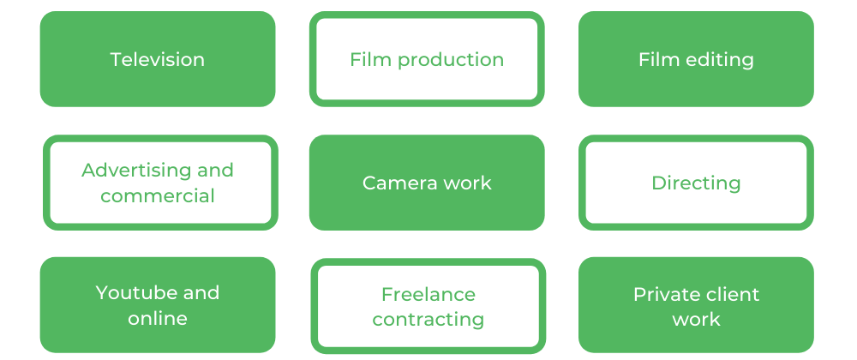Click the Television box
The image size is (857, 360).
pyautogui.click(x=158, y=59)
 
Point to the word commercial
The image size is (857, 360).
pyautogui.click(x=158, y=195)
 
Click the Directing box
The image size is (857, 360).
pyautogui.click(x=696, y=183)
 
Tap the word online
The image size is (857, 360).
pyautogui.click(x=158, y=318)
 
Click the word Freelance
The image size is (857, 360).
pyautogui.click(x=428, y=295)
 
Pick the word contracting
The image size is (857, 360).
pyautogui.click(x=428, y=320)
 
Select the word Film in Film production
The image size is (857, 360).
pyautogui.click(x=371, y=59)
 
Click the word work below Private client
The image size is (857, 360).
pyautogui.click(x=696, y=319)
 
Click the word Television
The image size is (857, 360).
pyautogui.click(x=158, y=59)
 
